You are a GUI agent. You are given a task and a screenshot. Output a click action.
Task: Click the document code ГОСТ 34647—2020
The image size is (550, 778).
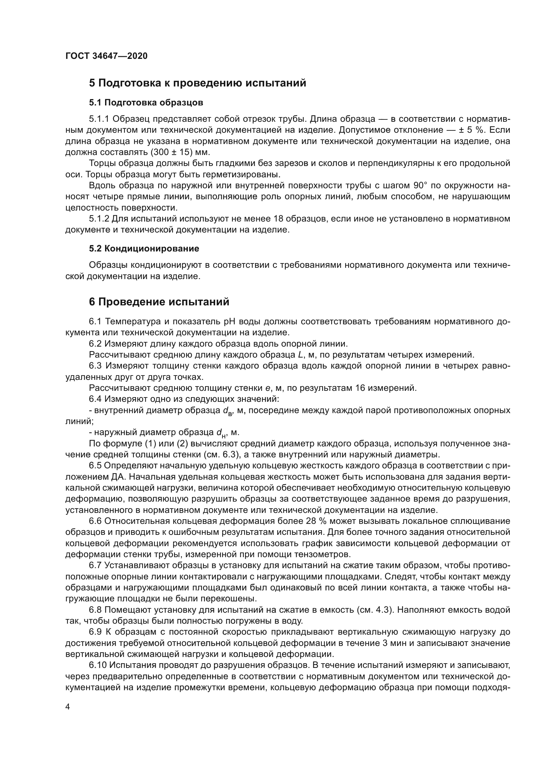pyautogui.click(x=106, y=56)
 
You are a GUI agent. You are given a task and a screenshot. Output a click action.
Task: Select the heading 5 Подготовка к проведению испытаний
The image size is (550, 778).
pyautogui.click(x=198, y=83)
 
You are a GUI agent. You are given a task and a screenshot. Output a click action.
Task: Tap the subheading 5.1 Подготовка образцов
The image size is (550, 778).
pyautogui.click(x=146, y=102)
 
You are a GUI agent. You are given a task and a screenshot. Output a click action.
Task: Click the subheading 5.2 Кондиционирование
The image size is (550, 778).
pyautogui.click(x=144, y=248)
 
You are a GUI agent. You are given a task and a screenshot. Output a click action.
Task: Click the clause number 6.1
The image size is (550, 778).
pyautogui.click(x=95, y=321)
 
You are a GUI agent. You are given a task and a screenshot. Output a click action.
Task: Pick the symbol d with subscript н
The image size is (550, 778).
pyautogui.click(x=221, y=433)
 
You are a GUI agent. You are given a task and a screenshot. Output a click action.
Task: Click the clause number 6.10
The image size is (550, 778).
pyautogui.click(x=97, y=665)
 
